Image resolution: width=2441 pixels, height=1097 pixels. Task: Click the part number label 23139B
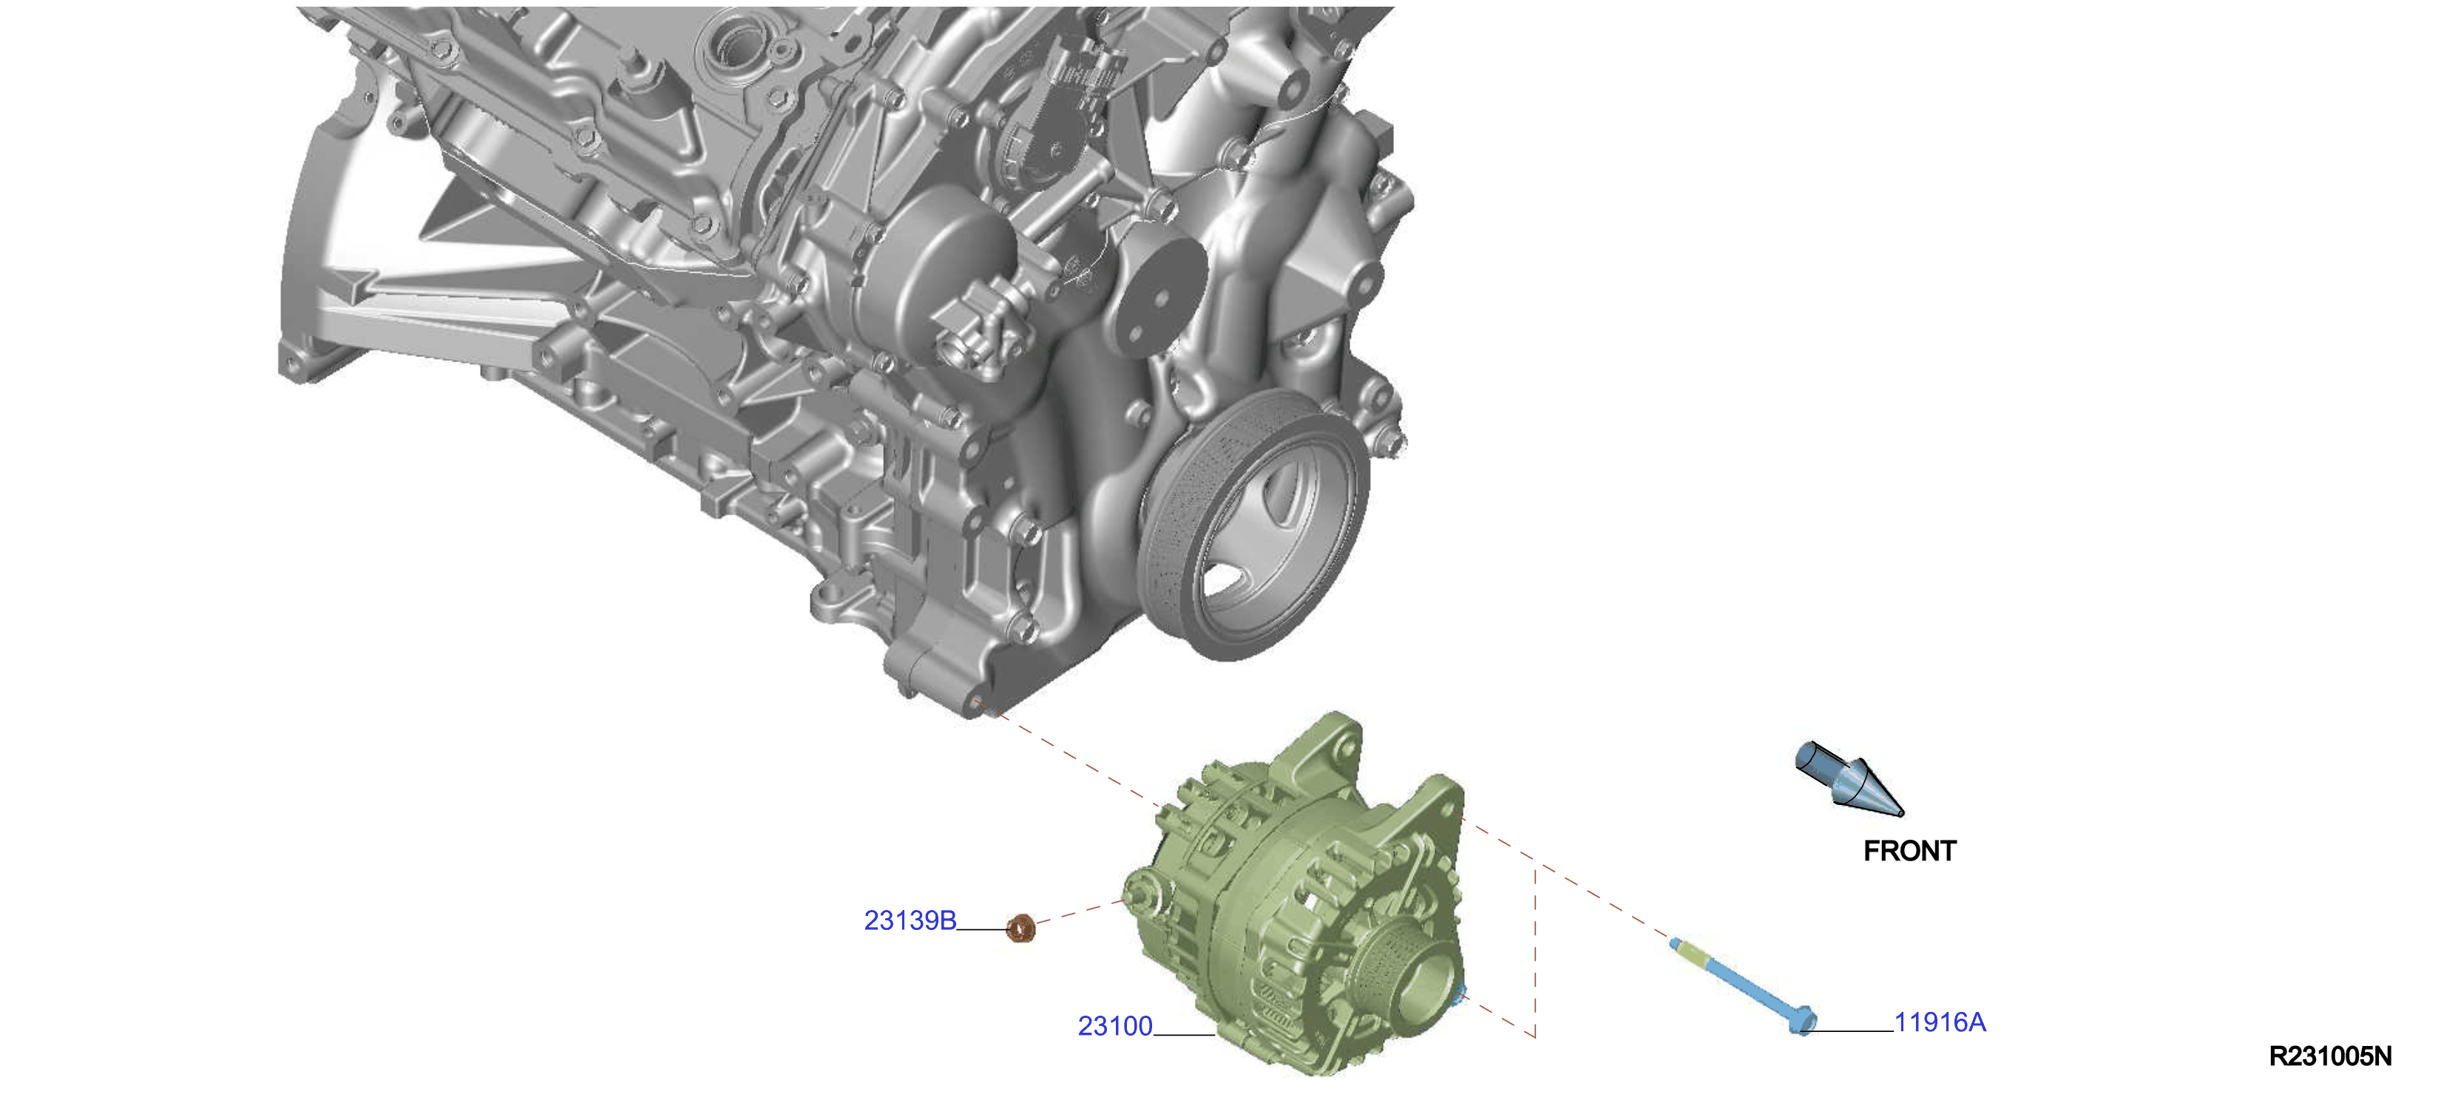point(910,921)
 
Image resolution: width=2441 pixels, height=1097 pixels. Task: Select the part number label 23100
point(1115,1026)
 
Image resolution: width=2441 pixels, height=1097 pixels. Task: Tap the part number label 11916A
point(1940,1022)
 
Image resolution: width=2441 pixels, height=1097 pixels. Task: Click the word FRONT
point(1909,851)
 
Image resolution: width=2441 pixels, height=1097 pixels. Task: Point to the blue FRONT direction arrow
point(1848,778)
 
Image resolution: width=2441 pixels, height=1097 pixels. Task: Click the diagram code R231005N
point(2330,1056)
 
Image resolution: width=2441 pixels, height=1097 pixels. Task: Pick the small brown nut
point(1020,928)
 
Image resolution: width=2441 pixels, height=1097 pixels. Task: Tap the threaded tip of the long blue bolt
point(1677,943)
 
